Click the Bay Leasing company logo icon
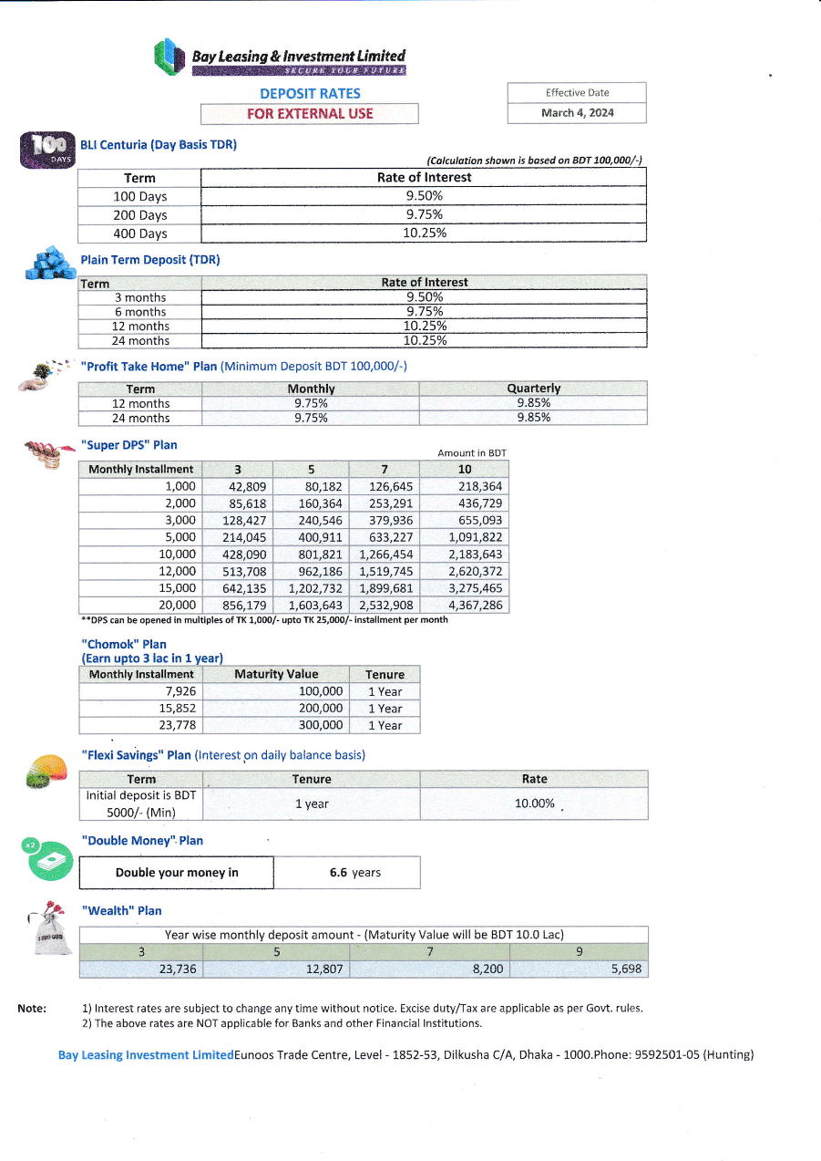[169, 57]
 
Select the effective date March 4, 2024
[577, 113]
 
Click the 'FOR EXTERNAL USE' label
[310, 114]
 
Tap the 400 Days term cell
[139, 233]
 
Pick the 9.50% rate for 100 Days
[424, 196]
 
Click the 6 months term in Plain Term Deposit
[140, 312]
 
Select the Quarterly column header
[533, 389]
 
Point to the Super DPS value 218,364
[479, 487]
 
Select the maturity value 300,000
[321, 725]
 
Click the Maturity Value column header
[276, 674]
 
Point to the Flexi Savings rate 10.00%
[534, 803]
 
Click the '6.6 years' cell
[354, 873]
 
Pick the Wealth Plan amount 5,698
[626, 969]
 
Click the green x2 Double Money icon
[46, 859]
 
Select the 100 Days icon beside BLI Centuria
[46, 150]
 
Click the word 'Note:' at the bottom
[32, 1008]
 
